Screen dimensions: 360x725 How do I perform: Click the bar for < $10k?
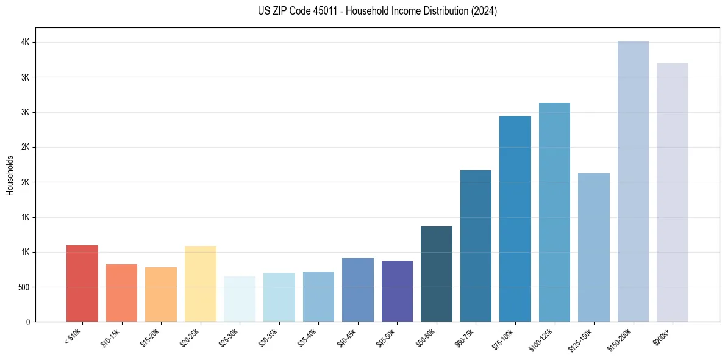(82, 283)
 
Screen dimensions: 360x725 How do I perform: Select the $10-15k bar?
(121, 293)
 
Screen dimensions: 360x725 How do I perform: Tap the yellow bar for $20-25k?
(200, 284)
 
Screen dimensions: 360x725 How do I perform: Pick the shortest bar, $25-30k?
(240, 299)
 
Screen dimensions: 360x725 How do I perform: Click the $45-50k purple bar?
(397, 291)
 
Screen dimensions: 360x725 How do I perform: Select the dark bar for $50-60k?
(437, 274)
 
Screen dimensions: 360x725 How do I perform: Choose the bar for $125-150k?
(594, 247)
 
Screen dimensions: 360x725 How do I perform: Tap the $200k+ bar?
(673, 192)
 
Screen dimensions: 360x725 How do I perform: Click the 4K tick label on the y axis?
(24, 43)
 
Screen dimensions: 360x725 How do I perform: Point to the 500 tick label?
(23, 287)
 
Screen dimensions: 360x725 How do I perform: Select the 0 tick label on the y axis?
(27, 322)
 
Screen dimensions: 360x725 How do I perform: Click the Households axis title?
(10, 175)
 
